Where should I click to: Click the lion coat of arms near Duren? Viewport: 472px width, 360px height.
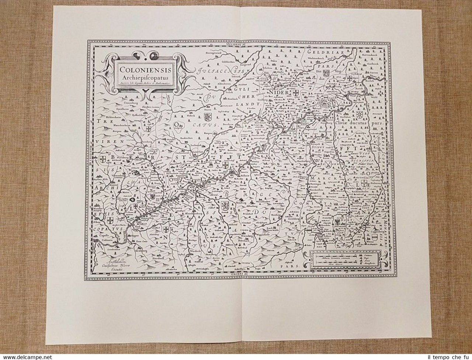[x=206, y=118]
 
